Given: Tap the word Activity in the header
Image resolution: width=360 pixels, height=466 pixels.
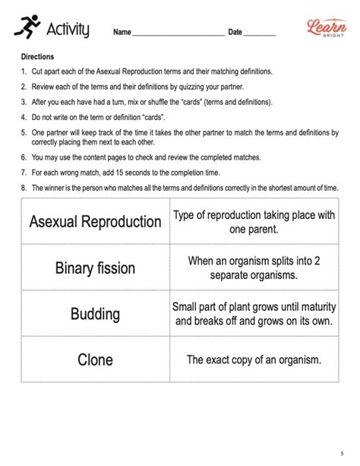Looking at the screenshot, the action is (x=68, y=30).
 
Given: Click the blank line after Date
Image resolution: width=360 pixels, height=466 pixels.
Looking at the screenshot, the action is (x=260, y=33).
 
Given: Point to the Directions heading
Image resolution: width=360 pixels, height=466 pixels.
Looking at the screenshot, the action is (x=38, y=57).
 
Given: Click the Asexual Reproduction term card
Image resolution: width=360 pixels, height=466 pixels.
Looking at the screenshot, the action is (x=95, y=222).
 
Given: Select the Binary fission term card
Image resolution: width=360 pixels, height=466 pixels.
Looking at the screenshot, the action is (x=95, y=268).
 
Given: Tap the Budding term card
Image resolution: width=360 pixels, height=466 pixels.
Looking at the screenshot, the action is (x=95, y=314).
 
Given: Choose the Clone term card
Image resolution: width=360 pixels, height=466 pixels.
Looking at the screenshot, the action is (x=95, y=360).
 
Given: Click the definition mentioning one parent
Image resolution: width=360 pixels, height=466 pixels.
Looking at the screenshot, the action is (x=254, y=222).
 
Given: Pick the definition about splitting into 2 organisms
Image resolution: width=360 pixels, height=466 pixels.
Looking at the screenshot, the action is (x=254, y=268).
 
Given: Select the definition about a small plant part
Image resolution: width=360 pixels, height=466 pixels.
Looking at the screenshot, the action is (x=254, y=314).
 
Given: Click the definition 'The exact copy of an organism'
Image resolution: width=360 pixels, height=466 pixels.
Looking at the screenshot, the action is (x=254, y=360).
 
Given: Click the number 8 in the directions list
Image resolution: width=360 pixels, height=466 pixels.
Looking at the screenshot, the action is (x=24, y=188).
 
